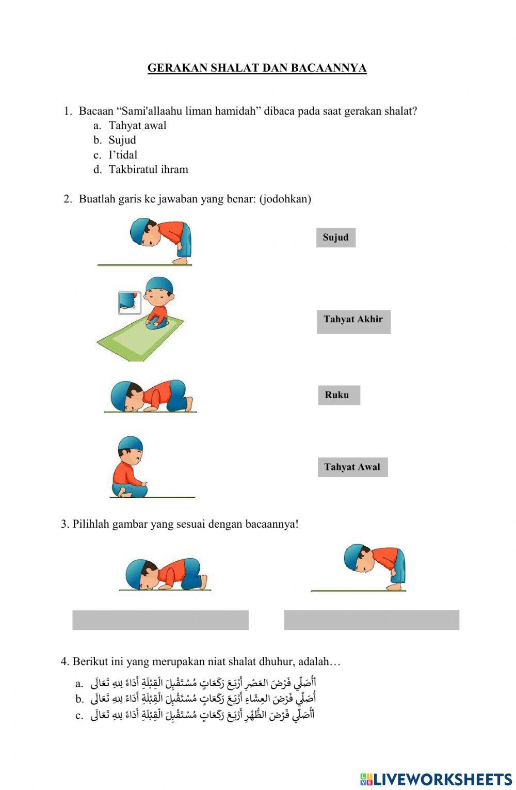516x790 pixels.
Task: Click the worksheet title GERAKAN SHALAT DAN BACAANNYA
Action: (257, 68)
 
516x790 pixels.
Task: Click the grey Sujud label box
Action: (336, 238)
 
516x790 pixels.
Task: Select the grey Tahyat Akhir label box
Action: (353, 321)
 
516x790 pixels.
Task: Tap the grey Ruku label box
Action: (338, 395)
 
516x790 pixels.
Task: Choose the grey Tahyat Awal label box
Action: (352, 467)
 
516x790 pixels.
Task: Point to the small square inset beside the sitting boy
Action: (130, 303)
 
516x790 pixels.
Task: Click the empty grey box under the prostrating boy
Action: (160, 620)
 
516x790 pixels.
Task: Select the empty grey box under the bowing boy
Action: (372, 620)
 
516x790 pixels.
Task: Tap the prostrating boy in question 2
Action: (152, 397)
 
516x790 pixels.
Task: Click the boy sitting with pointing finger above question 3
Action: (129, 467)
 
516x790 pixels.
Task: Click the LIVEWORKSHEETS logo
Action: (436, 779)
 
